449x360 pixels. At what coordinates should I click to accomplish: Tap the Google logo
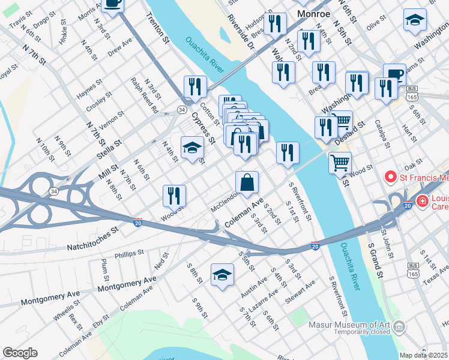click(20, 353)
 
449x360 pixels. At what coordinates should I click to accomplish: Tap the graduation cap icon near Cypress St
click(192, 148)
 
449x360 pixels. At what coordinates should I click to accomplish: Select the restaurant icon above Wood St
click(174, 194)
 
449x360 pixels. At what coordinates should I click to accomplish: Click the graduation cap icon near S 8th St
click(221, 275)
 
